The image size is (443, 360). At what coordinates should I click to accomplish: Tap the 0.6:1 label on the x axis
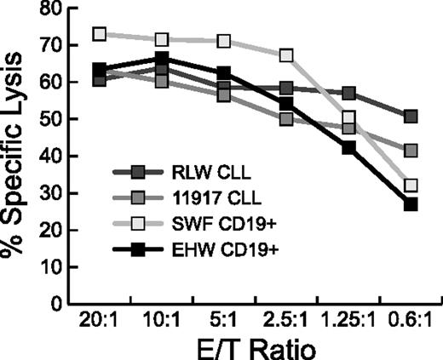coord(411,323)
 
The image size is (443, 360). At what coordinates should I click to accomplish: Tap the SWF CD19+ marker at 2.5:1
coord(287,55)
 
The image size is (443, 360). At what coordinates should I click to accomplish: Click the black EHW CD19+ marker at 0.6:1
coord(411,204)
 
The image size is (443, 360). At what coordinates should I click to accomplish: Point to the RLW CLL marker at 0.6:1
coord(411,117)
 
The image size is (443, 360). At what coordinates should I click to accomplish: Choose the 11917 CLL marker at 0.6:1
coord(411,151)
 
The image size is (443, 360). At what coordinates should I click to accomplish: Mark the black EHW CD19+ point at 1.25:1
coord(349,147)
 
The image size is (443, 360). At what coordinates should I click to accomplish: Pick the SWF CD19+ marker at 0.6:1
coord(411,186)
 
